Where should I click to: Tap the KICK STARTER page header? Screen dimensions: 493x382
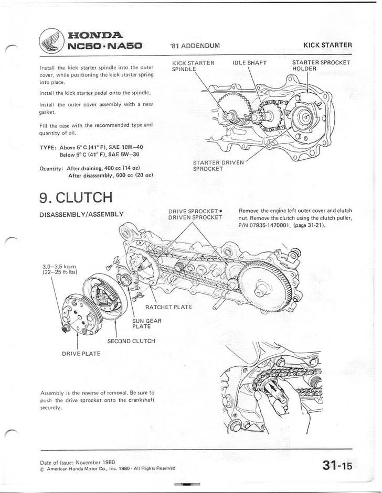click(x=327, y=45)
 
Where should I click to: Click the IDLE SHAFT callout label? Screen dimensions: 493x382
click(x=250, y=63)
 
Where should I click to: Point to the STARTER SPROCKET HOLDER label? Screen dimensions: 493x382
click(x=321, y=66)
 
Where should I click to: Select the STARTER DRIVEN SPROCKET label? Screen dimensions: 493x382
click(x=218, y=166)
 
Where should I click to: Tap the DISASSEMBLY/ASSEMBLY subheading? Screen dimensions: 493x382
click(x=81, y=214)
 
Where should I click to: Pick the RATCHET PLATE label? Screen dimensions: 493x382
click(x=169, y=307)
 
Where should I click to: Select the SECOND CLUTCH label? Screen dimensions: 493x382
click(x=131, y=341)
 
